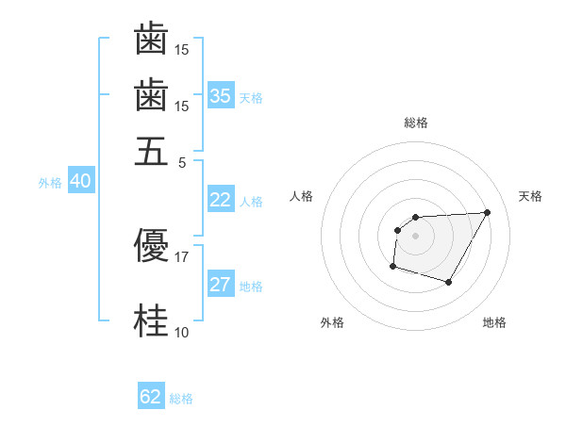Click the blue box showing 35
[221, 96]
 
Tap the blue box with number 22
[221, 200]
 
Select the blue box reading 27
[221, 285]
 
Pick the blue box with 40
[80, 181]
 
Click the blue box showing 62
[151, 397]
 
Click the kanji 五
[151, 150]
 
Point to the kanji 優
[151, 246]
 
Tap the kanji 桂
[151, 321]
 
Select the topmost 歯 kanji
[151, 41]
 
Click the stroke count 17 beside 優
[182, 256]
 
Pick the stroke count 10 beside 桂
[182, 332]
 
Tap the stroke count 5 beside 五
[182, 161]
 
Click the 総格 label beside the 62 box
[181, 399]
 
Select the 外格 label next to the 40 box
[50, 183]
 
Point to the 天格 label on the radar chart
[530, 196]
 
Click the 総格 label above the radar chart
[416, 123]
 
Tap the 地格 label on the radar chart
[494, 322]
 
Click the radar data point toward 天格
[487, 212]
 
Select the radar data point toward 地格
[449, 283]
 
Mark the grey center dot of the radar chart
[416, 235]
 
